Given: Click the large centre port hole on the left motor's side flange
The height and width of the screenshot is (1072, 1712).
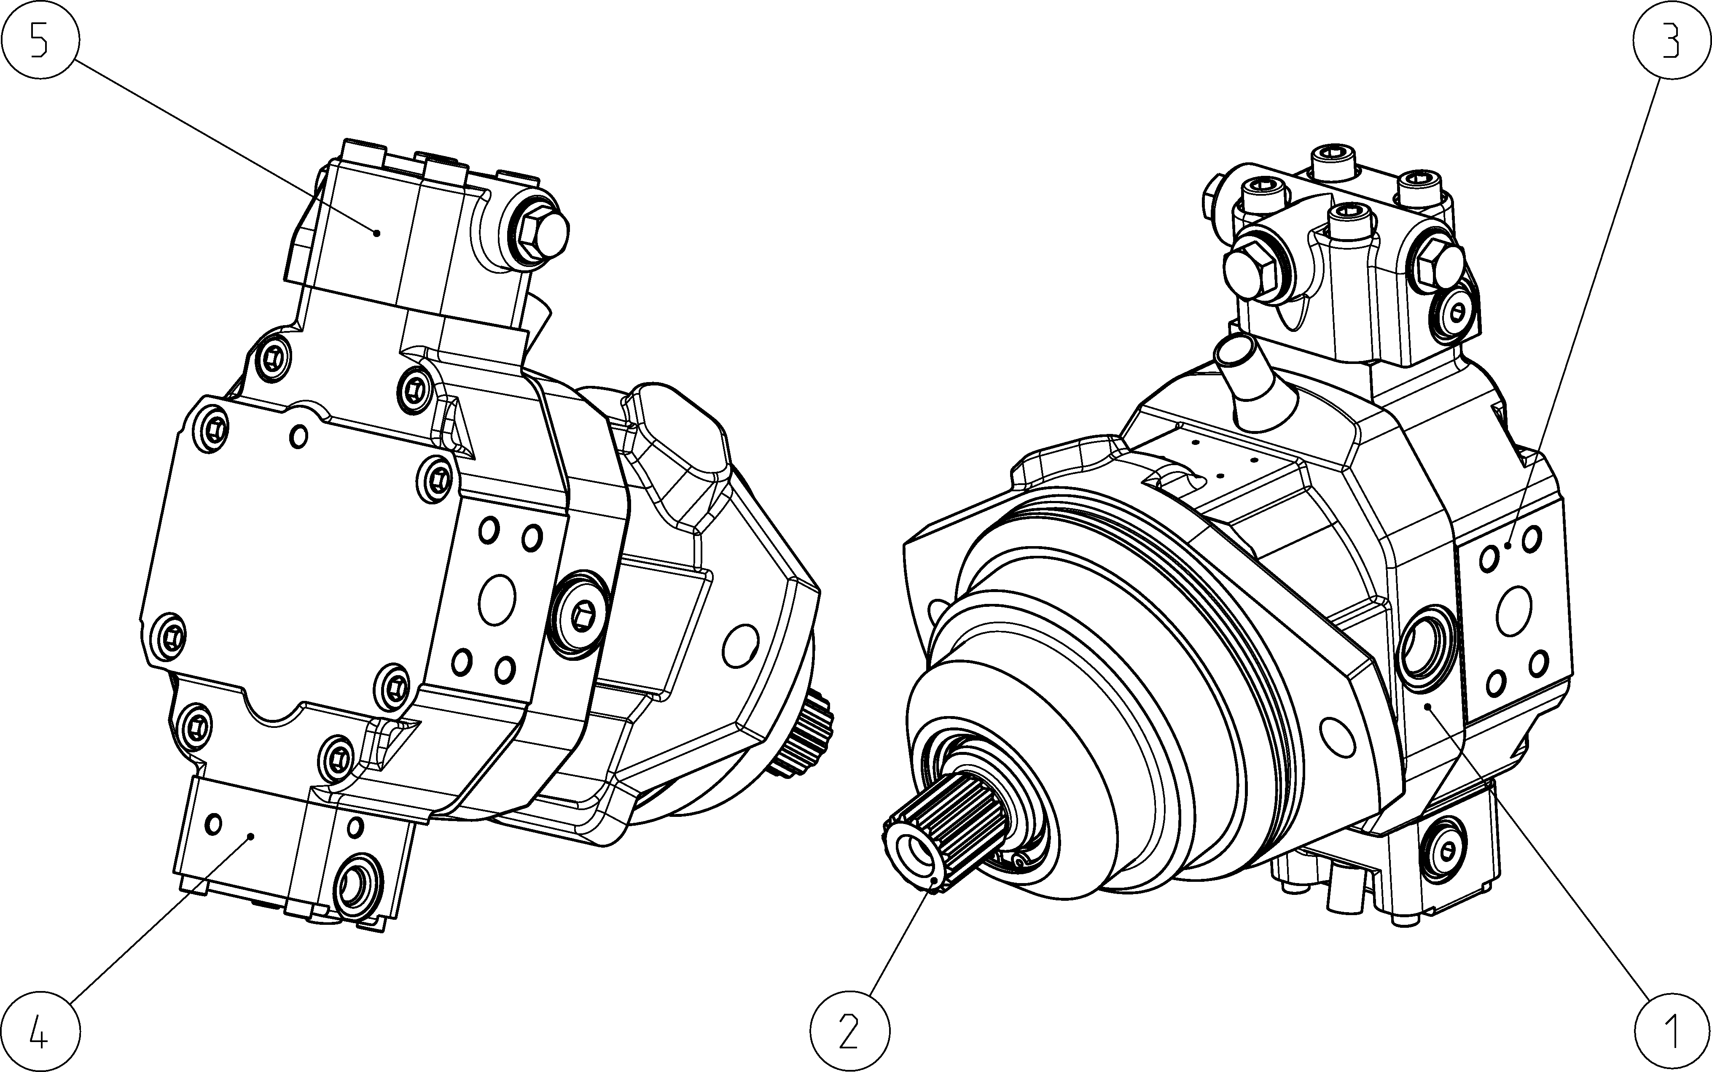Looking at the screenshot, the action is click(497, 599).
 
